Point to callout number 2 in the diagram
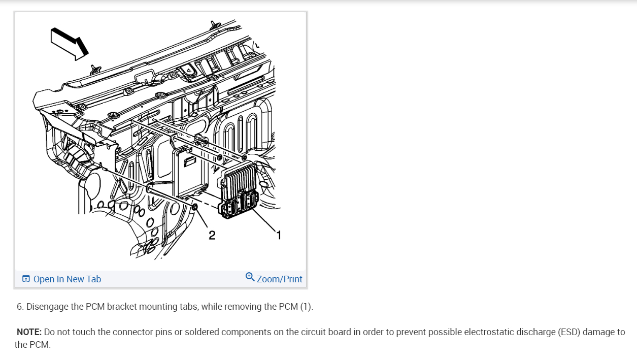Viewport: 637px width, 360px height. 212,235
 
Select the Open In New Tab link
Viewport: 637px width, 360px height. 67,279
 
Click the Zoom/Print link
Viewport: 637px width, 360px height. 279,279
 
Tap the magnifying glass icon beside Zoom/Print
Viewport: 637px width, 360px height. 250,277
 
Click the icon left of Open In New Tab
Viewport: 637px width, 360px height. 26,279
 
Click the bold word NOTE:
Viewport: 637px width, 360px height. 29,332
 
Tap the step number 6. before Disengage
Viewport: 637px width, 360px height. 20,307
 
